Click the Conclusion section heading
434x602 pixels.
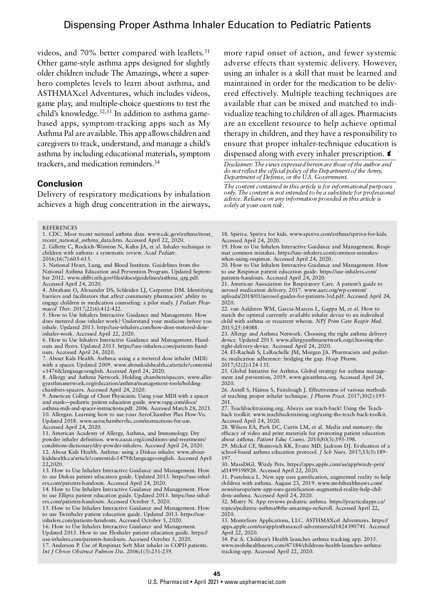coord(60,184)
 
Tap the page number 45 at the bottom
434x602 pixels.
coord(217,574)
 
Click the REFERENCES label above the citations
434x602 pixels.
coord(60,228)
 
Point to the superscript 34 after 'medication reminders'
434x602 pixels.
coord(157,162)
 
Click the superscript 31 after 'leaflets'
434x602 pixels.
coord(207,51)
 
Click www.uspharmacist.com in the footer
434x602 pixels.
coord(255,582)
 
